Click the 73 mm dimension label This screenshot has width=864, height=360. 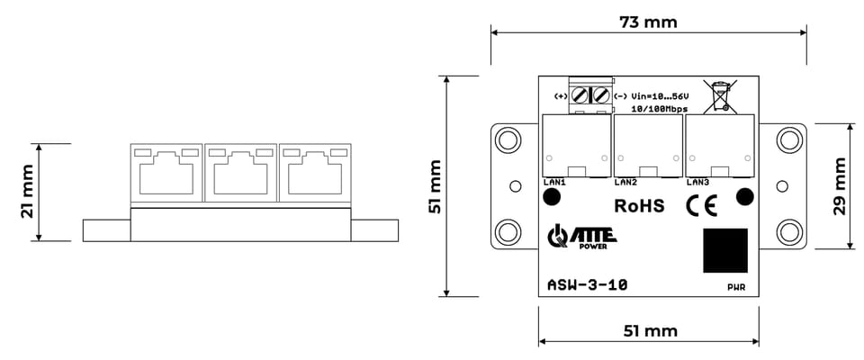(648, 22)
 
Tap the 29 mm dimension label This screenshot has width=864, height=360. (840, 186)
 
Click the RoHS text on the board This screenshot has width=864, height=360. (639, 205)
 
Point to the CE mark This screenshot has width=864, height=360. (701, 206)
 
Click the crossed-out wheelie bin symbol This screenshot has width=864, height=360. (720, 96)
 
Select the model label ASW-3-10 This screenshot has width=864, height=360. (587, 285)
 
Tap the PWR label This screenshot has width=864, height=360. (736, 287)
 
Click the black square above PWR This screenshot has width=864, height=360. (725, 250)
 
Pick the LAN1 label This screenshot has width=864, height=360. (552, 182)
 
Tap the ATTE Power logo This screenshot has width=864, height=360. (582, 237)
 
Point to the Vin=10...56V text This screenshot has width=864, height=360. (660, 96)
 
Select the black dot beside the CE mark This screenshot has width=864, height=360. (745, 195)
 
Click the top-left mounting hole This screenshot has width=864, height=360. (508, 139)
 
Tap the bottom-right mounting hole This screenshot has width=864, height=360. (789, 232)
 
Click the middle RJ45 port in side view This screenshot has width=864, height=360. (241, 173)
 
